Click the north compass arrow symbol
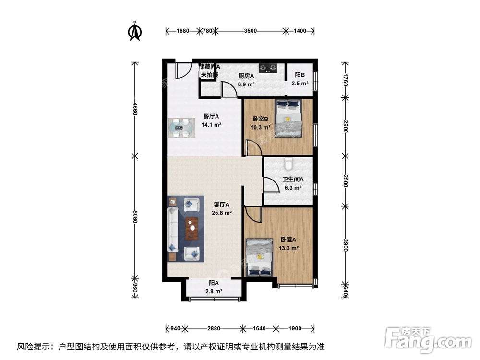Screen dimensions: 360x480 135,31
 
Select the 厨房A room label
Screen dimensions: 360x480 246,75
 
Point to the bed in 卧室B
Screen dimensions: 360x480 288,119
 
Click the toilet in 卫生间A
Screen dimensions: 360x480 288,165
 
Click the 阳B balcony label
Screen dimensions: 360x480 300,75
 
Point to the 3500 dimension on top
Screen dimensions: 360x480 250,31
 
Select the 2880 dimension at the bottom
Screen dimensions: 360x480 214,329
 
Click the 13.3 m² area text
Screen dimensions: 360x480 289,248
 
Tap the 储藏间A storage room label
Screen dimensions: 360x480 210,67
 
